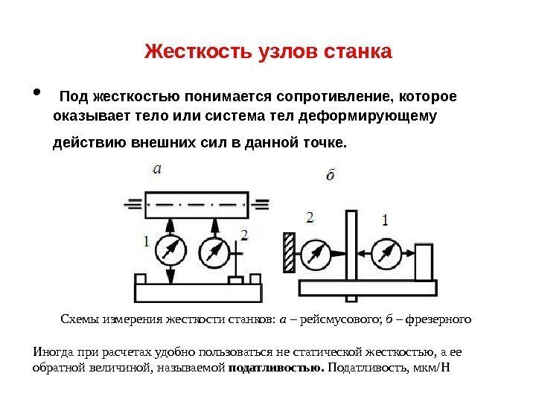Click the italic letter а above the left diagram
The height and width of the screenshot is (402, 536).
coord(156,168)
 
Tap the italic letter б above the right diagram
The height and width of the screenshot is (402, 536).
coord(331,176)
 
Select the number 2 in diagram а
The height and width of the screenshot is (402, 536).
coord(243,235)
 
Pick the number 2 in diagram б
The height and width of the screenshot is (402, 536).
coord(310,217)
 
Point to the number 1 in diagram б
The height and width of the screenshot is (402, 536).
coord(385,220)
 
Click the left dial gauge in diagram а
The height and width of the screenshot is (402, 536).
coord(171,251)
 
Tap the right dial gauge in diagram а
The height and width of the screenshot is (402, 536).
coord(214,251)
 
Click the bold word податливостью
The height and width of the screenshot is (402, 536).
coord(276,368)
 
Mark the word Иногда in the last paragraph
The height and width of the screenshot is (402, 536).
coord(52,352)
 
